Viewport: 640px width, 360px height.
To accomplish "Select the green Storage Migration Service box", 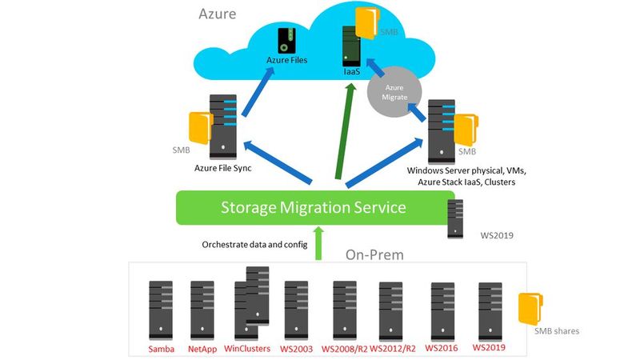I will [x=313, y=207].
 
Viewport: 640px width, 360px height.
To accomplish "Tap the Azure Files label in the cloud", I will [x=286, y=60].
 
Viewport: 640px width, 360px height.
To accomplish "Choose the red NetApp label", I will [x=203, y=349].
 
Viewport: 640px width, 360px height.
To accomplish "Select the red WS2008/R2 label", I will [x=344, y=349].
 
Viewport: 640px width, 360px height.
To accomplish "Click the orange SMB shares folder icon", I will [x=530, y=308].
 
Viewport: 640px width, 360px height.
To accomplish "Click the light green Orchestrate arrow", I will [x=320, y=242].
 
